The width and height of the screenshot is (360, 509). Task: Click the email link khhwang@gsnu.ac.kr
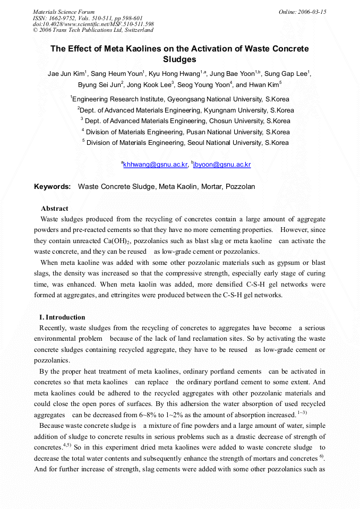156,165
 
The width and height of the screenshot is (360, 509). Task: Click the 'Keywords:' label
52,187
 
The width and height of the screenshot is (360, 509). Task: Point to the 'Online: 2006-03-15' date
302,12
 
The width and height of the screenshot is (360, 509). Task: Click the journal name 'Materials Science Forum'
64,12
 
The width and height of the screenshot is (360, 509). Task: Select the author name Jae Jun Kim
65,74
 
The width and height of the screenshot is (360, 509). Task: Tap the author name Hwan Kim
263,85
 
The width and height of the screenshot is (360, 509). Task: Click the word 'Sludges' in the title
179,59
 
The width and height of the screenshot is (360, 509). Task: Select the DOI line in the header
93,24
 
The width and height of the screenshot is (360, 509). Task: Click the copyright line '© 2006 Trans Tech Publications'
93,30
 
